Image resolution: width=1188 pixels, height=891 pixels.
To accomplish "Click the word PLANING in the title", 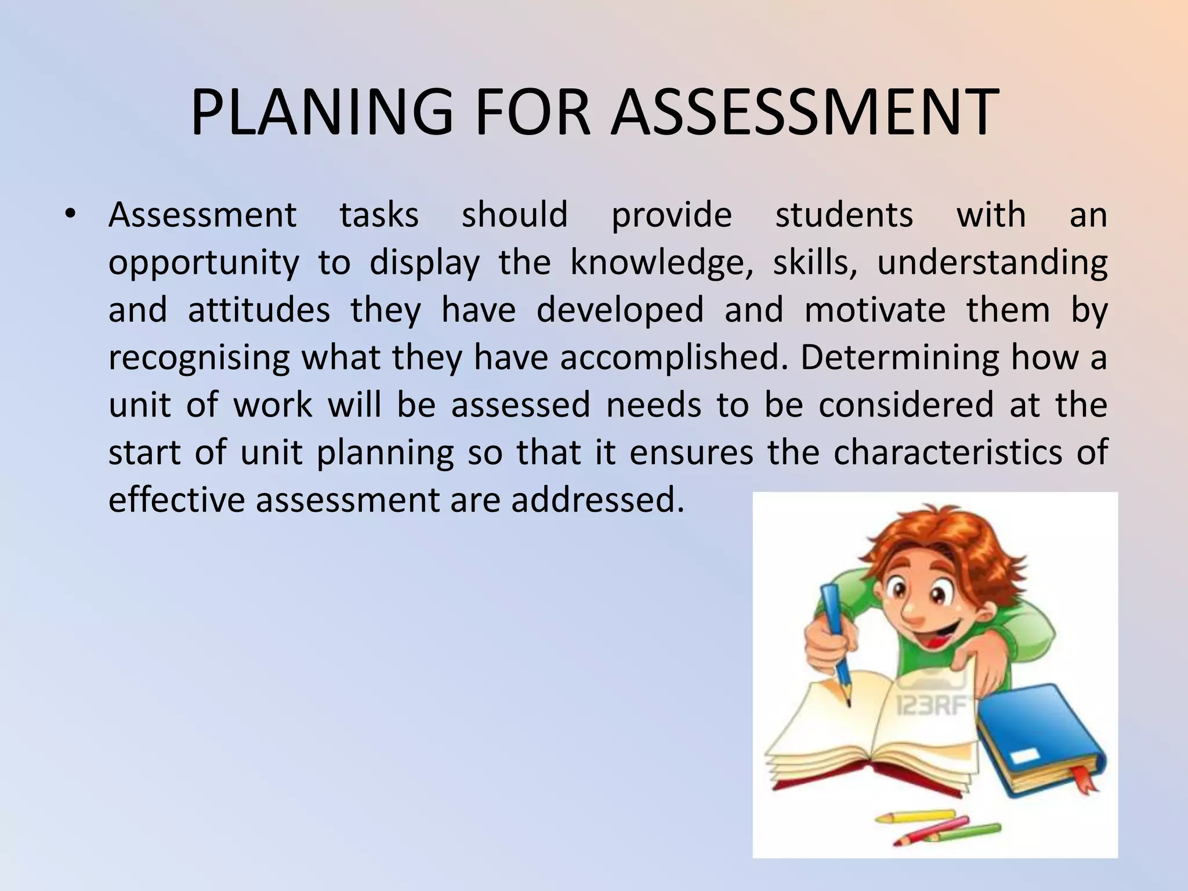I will [321, 113].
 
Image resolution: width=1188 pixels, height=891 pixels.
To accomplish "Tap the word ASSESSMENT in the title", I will [804, 113].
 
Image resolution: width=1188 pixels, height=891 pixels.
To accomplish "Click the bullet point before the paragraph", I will [70, 215].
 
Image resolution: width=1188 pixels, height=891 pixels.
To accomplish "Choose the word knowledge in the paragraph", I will [661, 263].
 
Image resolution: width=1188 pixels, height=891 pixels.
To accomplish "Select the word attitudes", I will [259, 310].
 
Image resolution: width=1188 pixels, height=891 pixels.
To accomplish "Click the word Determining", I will [900, 358].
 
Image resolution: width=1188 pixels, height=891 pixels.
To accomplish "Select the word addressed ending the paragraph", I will [597, 499].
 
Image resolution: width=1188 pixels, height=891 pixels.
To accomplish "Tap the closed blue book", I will [1038, 737].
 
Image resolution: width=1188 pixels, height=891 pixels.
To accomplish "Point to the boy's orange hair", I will [940, 539].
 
